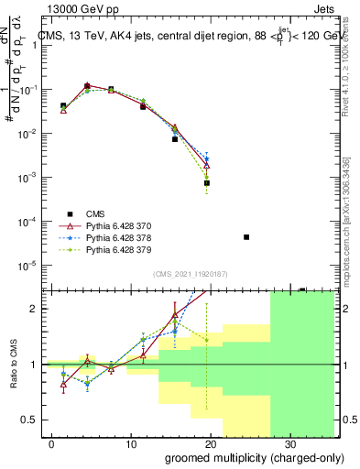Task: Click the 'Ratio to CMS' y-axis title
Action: [13, 364]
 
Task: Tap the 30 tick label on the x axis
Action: [292, 443]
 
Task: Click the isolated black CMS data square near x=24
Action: [246, 237]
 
